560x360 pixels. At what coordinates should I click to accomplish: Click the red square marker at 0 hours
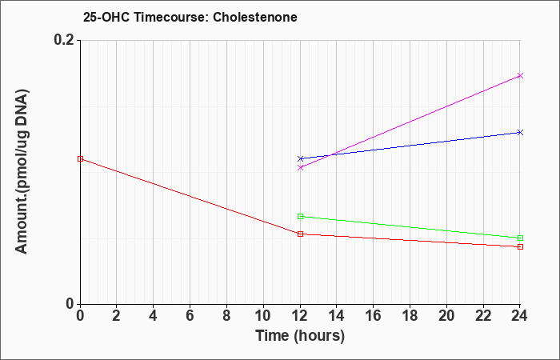tap(80, 159)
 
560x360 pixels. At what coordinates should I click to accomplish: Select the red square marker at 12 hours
tap(300, 234)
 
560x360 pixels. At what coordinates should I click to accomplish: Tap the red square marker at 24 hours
tap(520, 246)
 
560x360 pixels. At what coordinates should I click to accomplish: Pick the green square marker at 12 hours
tap(300, 217)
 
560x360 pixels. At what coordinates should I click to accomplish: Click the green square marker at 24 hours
tap(520, 238)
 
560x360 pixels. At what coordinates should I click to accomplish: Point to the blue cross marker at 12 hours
tap(300, 158)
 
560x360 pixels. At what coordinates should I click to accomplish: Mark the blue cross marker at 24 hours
tap(520, 133)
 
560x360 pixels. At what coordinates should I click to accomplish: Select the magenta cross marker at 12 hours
tap(300, 167)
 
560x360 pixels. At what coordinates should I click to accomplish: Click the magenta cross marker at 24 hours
tap(520, 76)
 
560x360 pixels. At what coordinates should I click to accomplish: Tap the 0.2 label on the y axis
tap(64, 40)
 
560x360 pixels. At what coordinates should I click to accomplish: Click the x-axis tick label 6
tap(190, 316)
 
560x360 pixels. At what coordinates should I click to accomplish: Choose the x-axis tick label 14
tap(337, 316)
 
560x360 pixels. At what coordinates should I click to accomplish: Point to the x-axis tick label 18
tap(410, 316)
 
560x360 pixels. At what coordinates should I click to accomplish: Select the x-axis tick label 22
tap(483, 316)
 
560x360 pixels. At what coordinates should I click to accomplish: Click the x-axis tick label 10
tap(263, 316)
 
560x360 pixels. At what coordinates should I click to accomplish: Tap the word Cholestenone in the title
tap(255, 17)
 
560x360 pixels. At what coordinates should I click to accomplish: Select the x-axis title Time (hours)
tap(300, 336)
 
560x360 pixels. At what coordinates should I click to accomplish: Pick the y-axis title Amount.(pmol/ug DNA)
tap(22, 172)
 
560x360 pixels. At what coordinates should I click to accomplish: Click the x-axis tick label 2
tap(116, 316)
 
